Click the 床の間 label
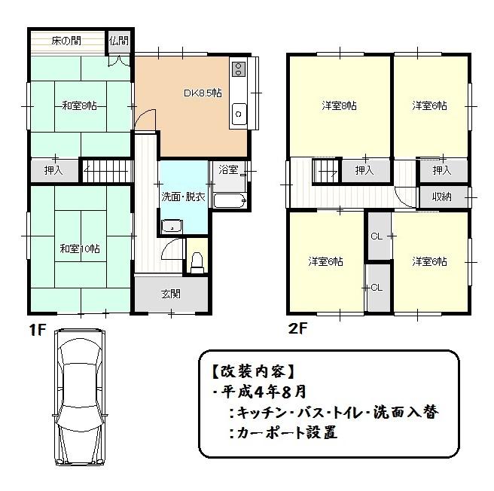[66, 40]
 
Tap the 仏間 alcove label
[118, 41]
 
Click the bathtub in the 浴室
[228, 201]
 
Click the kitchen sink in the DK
[239, 115]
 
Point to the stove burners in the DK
[239, 70]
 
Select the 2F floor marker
[297, 329]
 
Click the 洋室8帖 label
[340, 106]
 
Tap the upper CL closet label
[377, 236]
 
